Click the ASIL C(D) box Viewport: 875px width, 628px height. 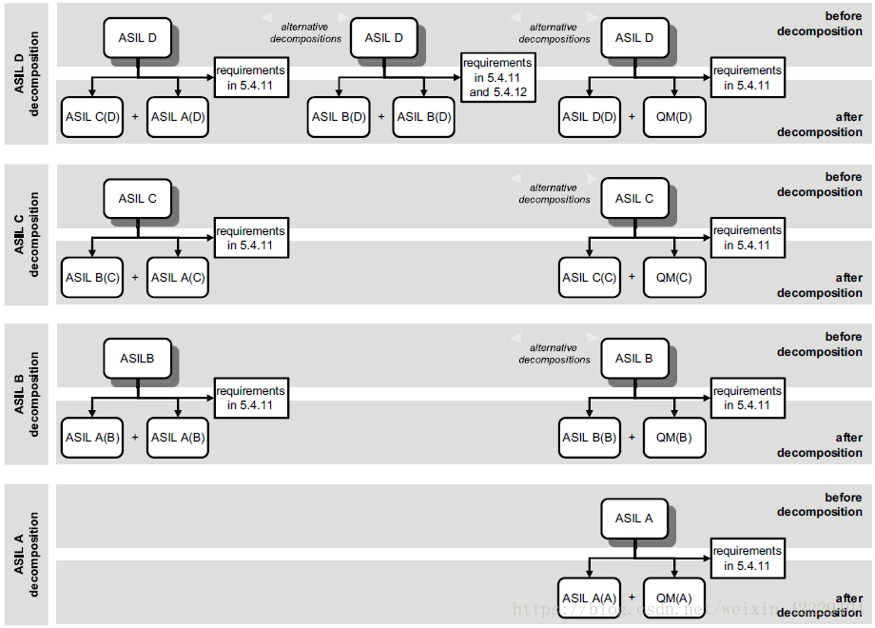pyautogui.click(x=92, y=117)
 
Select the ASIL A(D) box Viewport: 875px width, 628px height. pyautogui.click(x=178, y=117)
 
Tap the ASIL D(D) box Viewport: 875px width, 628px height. pyautogui.click(x=589, y=117)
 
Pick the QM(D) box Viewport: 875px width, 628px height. pyautogui.click(x=674, y=117)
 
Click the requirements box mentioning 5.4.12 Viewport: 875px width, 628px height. pyautogui.click(x=497, y=78)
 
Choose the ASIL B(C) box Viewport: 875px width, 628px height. pyautogui.click(x=92, y=278)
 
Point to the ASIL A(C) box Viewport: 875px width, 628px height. pyautogui.click(x=178, y=278)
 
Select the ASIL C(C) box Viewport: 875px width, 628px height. pyautogui.click(x=589, y=278)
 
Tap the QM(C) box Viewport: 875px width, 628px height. pyautogui.click(x=674, y=278)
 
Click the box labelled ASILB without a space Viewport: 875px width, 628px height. pyautogui.click(x=137, y=360)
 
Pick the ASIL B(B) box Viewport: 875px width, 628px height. pyautogui.click(x=589, y=438)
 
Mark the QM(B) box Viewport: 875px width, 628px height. pyautogui.click(x=674, y=438)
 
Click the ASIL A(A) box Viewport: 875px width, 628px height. pyautogui.click(x=589, y=598)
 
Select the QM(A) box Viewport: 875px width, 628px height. pyautogui.click(x=674, y=598)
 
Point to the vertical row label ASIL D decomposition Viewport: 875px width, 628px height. pyautogui.click(x=27, y=73)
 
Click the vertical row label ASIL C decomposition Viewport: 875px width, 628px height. pyautogui.click(x=27, y=234)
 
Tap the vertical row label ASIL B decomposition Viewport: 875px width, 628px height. pyautogui.click(x=27, y=394)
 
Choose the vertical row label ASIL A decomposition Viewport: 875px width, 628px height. pyautogui.click(x=27, y=555)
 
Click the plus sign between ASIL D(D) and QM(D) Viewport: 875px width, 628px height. pyautogui.click(x=632, y=117)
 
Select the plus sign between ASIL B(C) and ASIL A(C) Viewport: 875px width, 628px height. pyautogui.click(x=135, y=278)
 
